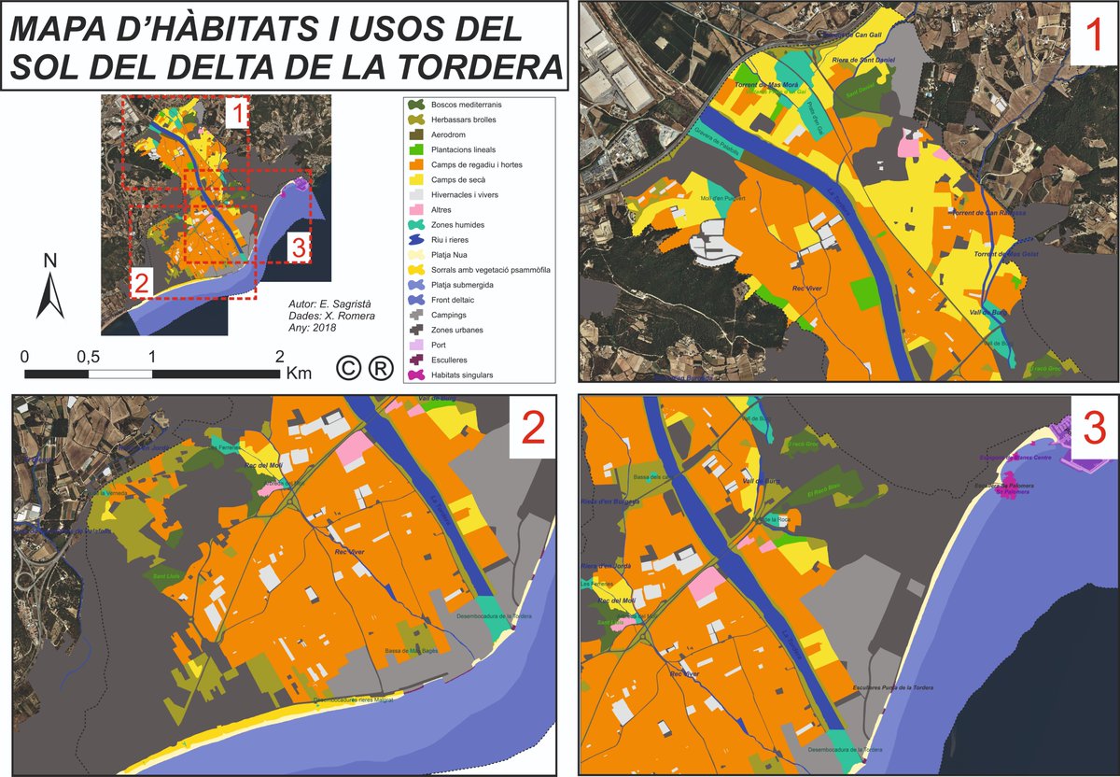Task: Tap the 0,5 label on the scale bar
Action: tap(89, 357)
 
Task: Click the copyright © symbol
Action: tap(347, 369)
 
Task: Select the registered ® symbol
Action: tap(380, 369)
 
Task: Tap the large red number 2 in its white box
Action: tap(532, 428)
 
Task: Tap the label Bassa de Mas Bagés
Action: tap(412, 651)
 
